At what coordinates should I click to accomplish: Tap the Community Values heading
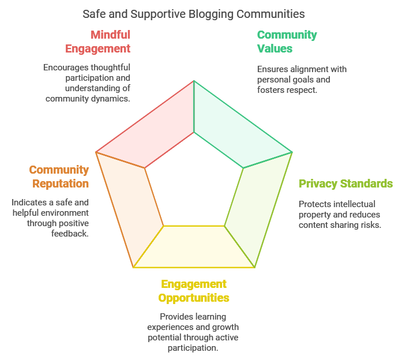(x=287, y=42)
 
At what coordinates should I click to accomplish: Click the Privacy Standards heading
(x=345, y=184)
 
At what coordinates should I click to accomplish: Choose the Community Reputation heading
(x=59, y=177)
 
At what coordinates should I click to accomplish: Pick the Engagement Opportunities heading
(x=194, y=291)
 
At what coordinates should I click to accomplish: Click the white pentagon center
(x=194, y=182)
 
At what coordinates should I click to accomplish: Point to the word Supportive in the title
(x=138, y=13)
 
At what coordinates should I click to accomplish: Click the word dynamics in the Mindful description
(x=110, y=99)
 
